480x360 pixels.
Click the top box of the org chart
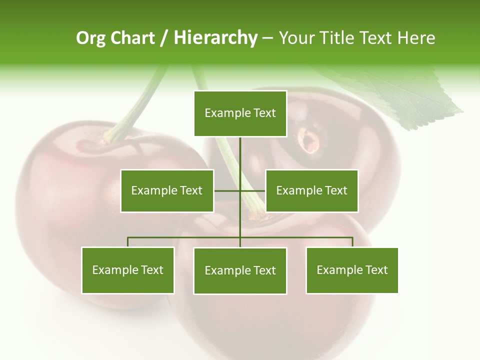(x=240, y=113)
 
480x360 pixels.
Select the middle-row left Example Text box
(x=167, y=190)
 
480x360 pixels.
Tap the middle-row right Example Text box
(x=311, y=190)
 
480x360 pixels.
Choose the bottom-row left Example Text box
(x=128, y=270)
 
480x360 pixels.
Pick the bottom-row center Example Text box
(x=240, y=270)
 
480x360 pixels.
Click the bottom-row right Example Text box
(x=352, y=270)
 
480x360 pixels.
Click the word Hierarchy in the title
(x=215, y=38)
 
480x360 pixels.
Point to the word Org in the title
(x=90, y=38)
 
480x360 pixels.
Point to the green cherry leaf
(x=410, y=95)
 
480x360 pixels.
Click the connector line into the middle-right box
(x=253, y=190)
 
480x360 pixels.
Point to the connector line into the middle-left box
(x=227, y=190)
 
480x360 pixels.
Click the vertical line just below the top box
(x=240, y=150)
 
